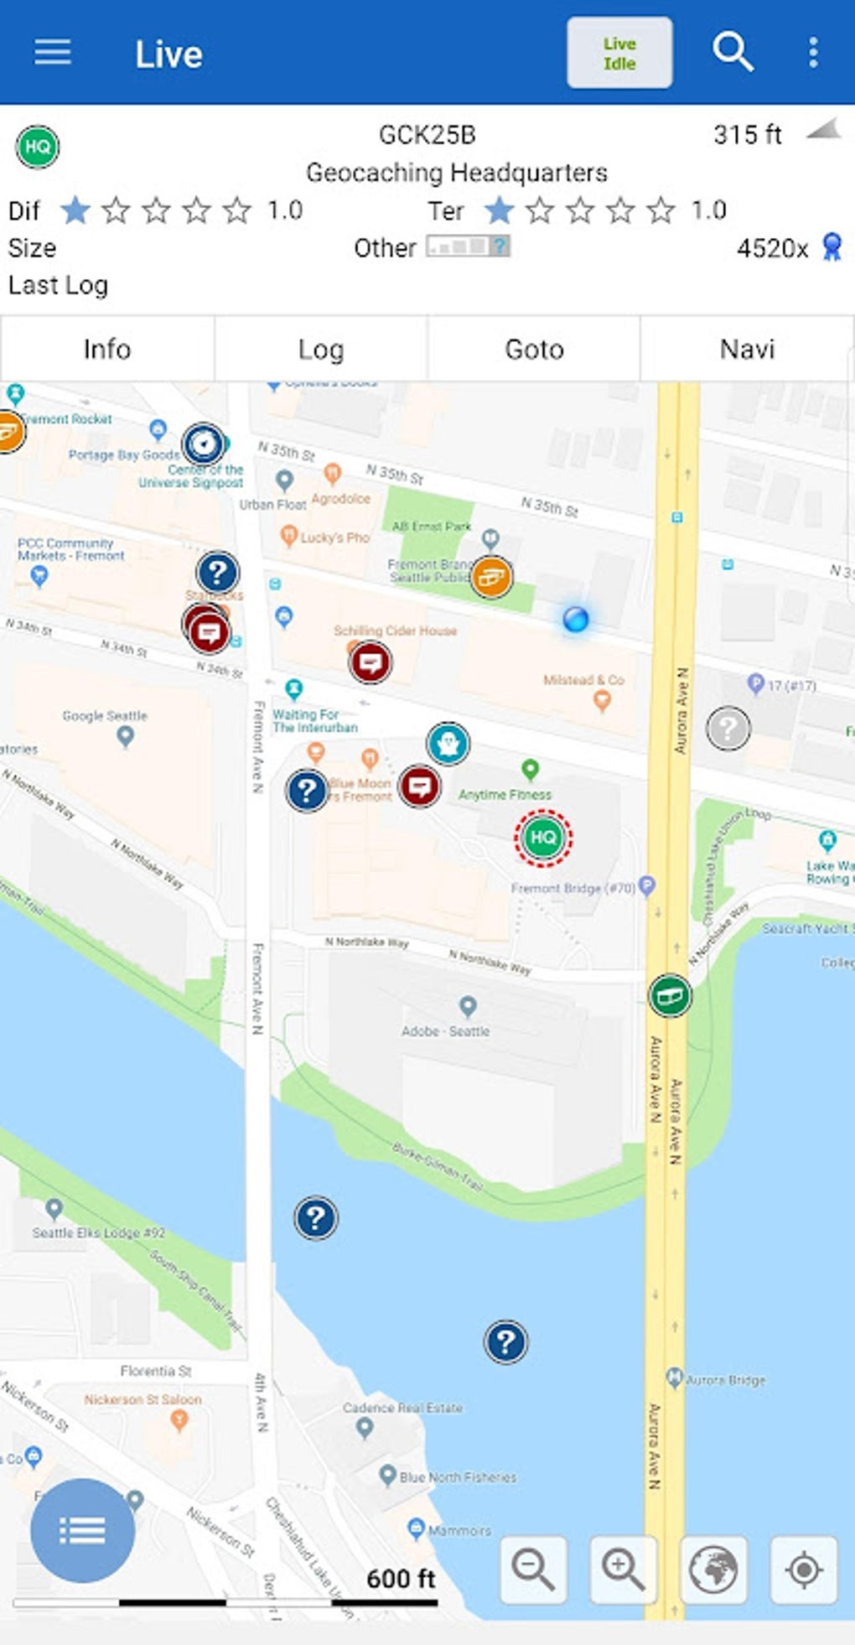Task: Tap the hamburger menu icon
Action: (x=52, y=52)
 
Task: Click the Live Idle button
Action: (x=619, y=53)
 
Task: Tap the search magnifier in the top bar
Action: (x=733, y=52)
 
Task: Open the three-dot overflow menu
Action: (x=812, y=52)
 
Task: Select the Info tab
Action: (x=107, y=349)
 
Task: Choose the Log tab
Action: (x=321, y=349)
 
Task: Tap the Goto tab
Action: (x=534, y=349)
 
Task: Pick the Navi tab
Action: (x=747, y=349)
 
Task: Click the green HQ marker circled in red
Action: (x=543, y=837)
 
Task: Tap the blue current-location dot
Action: (x=576, y=620)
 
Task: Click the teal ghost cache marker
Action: (x=448, y=744)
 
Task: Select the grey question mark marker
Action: (x=728, y=728)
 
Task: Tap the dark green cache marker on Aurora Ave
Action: (x=670, y=995)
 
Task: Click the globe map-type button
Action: (x=713, y=1570)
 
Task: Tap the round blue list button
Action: (x=82, y=1530)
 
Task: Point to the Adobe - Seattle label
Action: (x=445, y=1031)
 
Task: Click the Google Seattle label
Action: (x=105, y=716)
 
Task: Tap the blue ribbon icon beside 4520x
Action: (x=832, y=247)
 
